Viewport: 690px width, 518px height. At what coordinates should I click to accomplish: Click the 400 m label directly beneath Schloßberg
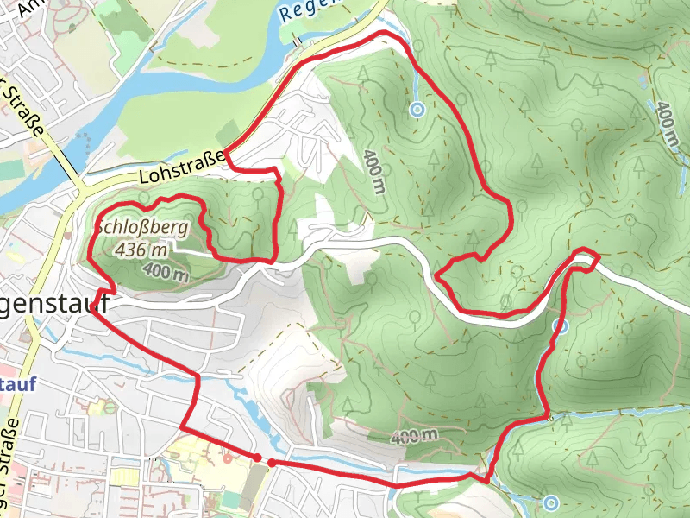[166, 273]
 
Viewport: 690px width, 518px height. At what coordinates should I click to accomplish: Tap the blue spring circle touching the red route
[561, 326]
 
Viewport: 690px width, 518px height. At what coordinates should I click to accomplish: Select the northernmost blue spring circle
[417, 110]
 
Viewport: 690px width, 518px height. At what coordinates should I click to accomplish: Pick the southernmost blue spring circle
[551, 502]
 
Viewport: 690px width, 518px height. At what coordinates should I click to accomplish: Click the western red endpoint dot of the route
[257, 457]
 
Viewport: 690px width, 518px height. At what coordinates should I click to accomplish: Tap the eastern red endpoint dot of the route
[272, 464]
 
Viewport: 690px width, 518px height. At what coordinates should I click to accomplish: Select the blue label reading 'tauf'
[18, 385]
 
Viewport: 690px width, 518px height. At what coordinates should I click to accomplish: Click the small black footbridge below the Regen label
[296, 40]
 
